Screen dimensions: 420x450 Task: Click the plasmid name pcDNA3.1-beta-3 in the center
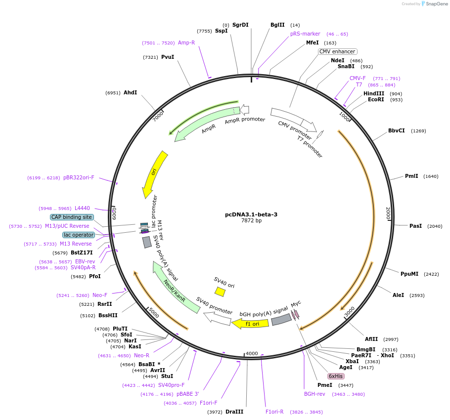[251, 214]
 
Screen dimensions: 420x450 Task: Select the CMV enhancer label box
[338, 51]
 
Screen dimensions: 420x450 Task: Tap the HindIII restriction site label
[374, 93]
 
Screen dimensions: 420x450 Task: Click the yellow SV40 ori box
[220, 292]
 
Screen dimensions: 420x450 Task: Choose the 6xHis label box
[336, 376]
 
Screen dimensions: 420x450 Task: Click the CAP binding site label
[72, 217]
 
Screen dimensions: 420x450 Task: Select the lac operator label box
[78, 235]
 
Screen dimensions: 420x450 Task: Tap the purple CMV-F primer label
[358, 78]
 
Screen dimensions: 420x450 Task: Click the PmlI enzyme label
[411, 176]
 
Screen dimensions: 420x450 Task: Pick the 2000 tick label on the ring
[388, 213]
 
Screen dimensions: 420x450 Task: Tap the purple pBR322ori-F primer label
[79, 177]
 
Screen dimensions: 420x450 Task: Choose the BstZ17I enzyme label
[82, 252]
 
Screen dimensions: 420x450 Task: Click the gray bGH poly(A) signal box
[281, 319]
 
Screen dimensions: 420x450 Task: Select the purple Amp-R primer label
[186, 42]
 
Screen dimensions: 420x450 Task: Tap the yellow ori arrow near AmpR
[155, 174]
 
